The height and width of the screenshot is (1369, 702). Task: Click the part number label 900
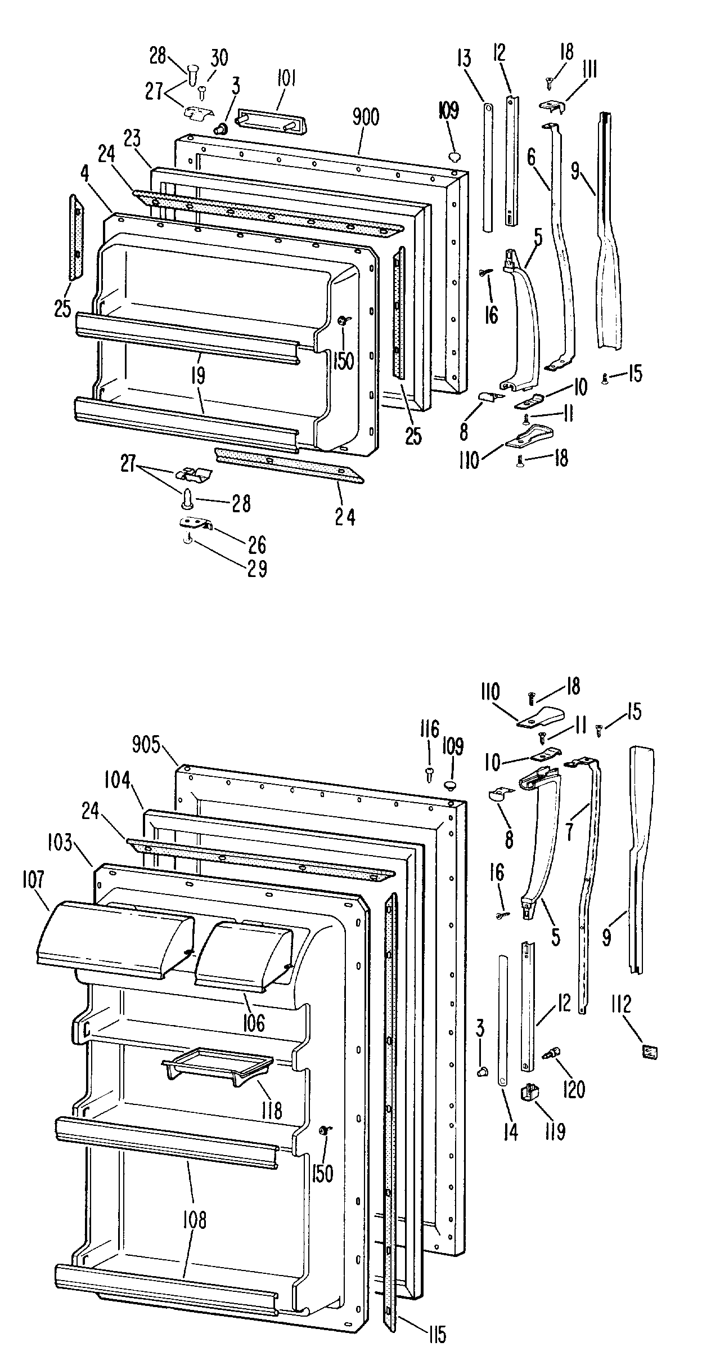point(366,118)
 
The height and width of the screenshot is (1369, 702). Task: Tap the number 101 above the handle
point(286,79)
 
